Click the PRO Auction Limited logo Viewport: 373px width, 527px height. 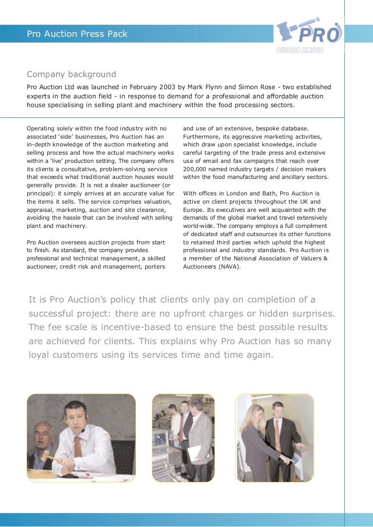pos(309,35)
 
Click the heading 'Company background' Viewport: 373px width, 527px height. pos(71,74)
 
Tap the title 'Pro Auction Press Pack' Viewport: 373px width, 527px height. pos(77,34)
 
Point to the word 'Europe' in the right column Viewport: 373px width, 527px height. pos(193,209)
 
